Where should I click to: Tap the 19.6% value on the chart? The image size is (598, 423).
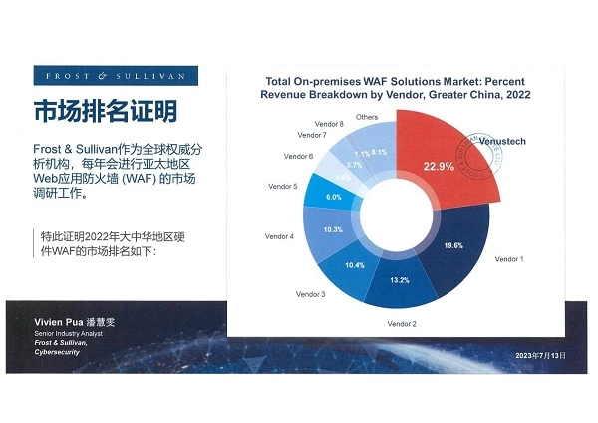[453, 246]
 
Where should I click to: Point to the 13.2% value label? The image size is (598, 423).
[399, 279]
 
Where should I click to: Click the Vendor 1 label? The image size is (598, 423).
[511, 258]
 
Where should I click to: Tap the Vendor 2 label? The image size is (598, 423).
[401, 325]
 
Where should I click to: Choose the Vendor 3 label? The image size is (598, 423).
[310, 294]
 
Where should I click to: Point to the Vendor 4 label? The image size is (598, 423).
[278, 236]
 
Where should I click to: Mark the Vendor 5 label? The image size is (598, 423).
[283, 187]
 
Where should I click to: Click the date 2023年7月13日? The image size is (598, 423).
[539, 356]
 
